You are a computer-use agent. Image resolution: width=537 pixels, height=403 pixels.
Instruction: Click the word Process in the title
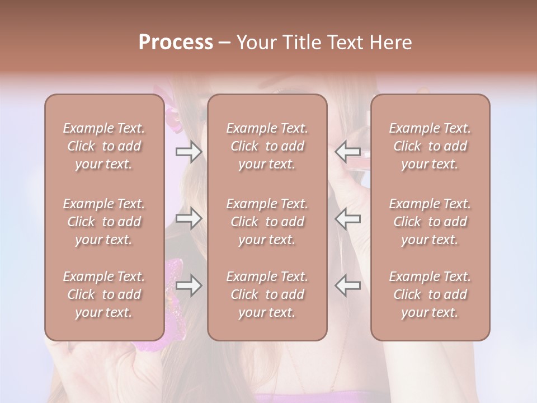[176, 43]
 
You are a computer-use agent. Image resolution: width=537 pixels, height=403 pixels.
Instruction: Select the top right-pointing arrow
[189, 151]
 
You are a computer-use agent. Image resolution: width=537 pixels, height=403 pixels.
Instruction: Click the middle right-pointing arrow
[189, 218]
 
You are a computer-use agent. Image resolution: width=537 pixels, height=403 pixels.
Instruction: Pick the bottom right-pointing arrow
[189, 285]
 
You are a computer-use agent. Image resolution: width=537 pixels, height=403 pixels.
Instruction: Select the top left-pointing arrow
[348, 151]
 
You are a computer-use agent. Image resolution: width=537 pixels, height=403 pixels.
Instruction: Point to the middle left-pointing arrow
[348, 218]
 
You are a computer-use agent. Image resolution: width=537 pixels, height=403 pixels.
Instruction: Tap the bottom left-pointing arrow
[348, 285]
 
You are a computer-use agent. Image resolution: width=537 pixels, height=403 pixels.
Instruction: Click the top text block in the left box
[104, 146]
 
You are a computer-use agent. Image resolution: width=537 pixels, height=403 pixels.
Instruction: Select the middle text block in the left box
[104, 222]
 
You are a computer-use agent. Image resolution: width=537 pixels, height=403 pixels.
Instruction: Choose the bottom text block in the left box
[104, 294]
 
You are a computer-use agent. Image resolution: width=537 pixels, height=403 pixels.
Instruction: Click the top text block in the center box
[267, 146]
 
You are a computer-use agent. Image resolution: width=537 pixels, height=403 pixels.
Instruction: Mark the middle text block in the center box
[267, 222]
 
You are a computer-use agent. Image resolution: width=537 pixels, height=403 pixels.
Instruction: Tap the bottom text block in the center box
[267, 294]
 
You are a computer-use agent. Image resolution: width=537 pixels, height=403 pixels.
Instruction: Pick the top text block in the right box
[430, 146]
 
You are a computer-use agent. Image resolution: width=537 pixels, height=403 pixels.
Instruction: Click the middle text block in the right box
[430, 222]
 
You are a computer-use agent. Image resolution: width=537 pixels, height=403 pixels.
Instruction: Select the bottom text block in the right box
[430, 294]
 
